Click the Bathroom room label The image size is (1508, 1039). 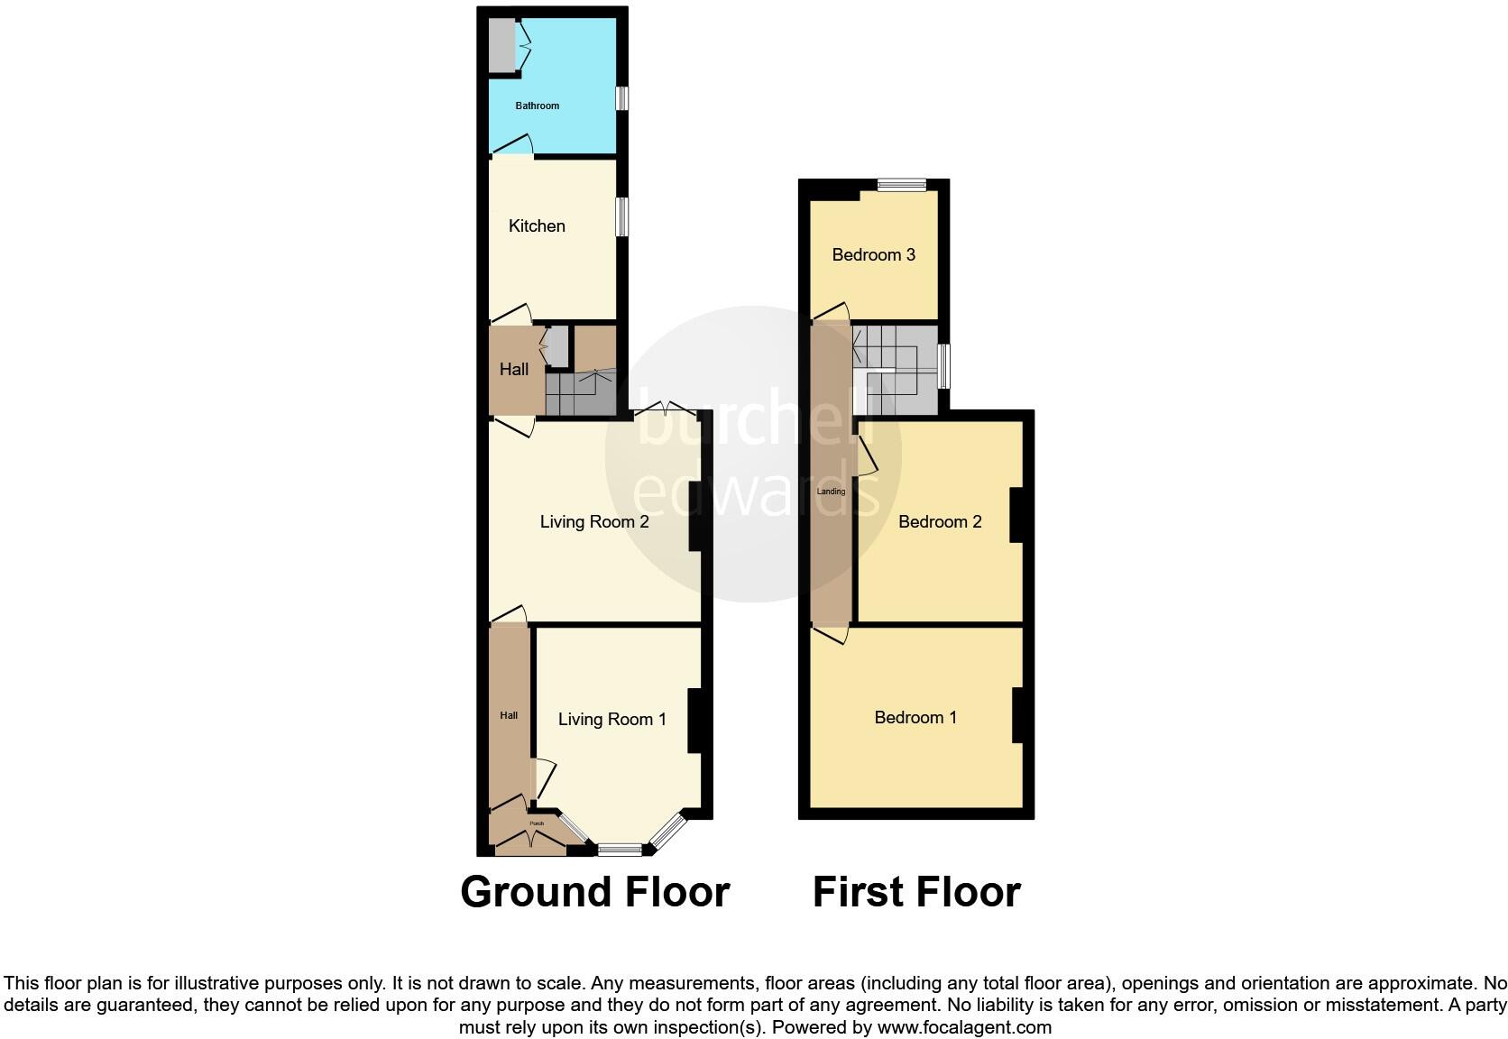(x=537, y=106)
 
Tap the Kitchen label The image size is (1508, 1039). (x=537, y=225)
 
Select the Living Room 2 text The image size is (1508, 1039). (x=594, y=521)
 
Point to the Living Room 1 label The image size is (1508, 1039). (x=611, y=719)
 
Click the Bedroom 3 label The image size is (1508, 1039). (x=873, y=254)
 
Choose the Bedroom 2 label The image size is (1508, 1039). (x=940, y=521)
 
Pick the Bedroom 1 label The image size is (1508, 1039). (x=915, y=717)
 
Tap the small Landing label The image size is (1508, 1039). (x=831, y=492)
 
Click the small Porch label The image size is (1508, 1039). (x=537, y=823)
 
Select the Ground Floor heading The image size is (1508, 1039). (x=594, y=891)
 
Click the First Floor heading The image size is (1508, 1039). (x=916, y=891)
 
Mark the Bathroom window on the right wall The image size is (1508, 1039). (x=621, y=97)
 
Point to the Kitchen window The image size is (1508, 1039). (x=621, y=216)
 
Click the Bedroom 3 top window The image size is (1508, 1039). (x=902, y=186)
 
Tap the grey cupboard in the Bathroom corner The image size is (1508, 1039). (x=501, y=43)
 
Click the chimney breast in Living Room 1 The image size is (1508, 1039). (x=694, y=721)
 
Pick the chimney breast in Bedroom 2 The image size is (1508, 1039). (x=1016, y=515)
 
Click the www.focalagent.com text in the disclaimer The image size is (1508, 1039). (x=964, y=1026)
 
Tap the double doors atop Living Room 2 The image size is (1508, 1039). (x=665, y=411)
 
